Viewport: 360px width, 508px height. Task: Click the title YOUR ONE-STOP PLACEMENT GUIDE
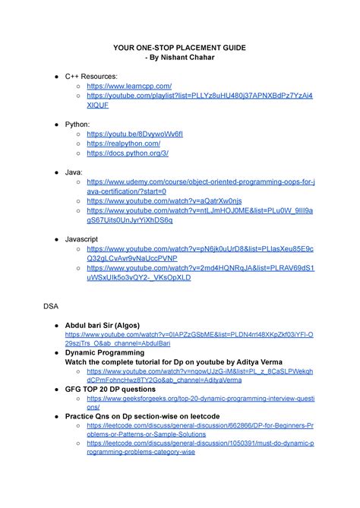[179, 47]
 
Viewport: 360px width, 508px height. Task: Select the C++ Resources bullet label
[91, 77]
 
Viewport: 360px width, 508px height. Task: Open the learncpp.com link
[129, 87]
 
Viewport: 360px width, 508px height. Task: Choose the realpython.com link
[123, 144]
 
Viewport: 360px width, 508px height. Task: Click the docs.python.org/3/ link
[128, 153]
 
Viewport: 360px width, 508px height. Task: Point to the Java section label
[74, 172]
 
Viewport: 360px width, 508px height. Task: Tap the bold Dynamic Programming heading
[105, 353]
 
